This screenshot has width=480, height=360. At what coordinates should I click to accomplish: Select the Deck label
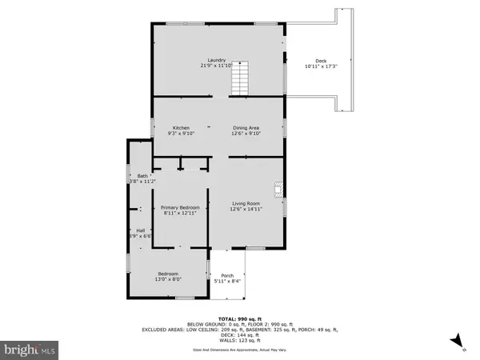(x=321, y=60)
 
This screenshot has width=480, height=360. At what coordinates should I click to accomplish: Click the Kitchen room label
(x=181, y=128)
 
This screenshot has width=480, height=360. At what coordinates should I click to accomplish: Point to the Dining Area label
(x=245, y=128)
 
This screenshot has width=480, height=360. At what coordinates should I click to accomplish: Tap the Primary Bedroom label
(x=180, y=207)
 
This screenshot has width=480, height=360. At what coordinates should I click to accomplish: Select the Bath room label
(x=142, y=176)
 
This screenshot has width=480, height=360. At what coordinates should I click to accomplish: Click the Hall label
(x=140, y=230)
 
